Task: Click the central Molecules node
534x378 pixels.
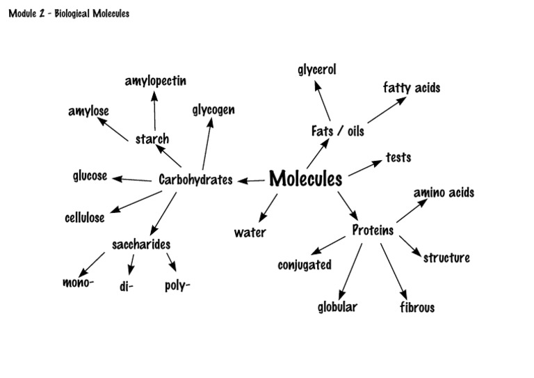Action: pos(306,179)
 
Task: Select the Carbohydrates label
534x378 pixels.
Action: pos(195,180)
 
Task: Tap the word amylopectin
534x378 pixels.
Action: pos(156,81)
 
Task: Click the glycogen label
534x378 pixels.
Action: pos(213,110)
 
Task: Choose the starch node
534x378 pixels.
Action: pos(152,139)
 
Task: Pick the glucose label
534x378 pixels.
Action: pos(90,175)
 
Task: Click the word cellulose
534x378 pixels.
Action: pos(85,217)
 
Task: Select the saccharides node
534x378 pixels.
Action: pos(141,244)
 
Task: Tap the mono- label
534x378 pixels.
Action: pos(78,283)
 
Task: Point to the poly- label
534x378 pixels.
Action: pos(177,285)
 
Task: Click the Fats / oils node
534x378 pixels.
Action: pos(337,130)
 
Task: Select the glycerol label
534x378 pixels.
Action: pos(317,70)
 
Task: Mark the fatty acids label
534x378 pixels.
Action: pos(412,88)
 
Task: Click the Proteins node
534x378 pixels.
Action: pos(373,230)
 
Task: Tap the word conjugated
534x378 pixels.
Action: pos(305,265)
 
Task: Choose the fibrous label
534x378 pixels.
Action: pos(417,307)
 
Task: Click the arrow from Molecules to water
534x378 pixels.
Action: pos(268,207)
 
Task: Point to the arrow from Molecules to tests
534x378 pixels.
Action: pos(366,167)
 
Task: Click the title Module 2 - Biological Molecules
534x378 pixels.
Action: pos(69,13)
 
